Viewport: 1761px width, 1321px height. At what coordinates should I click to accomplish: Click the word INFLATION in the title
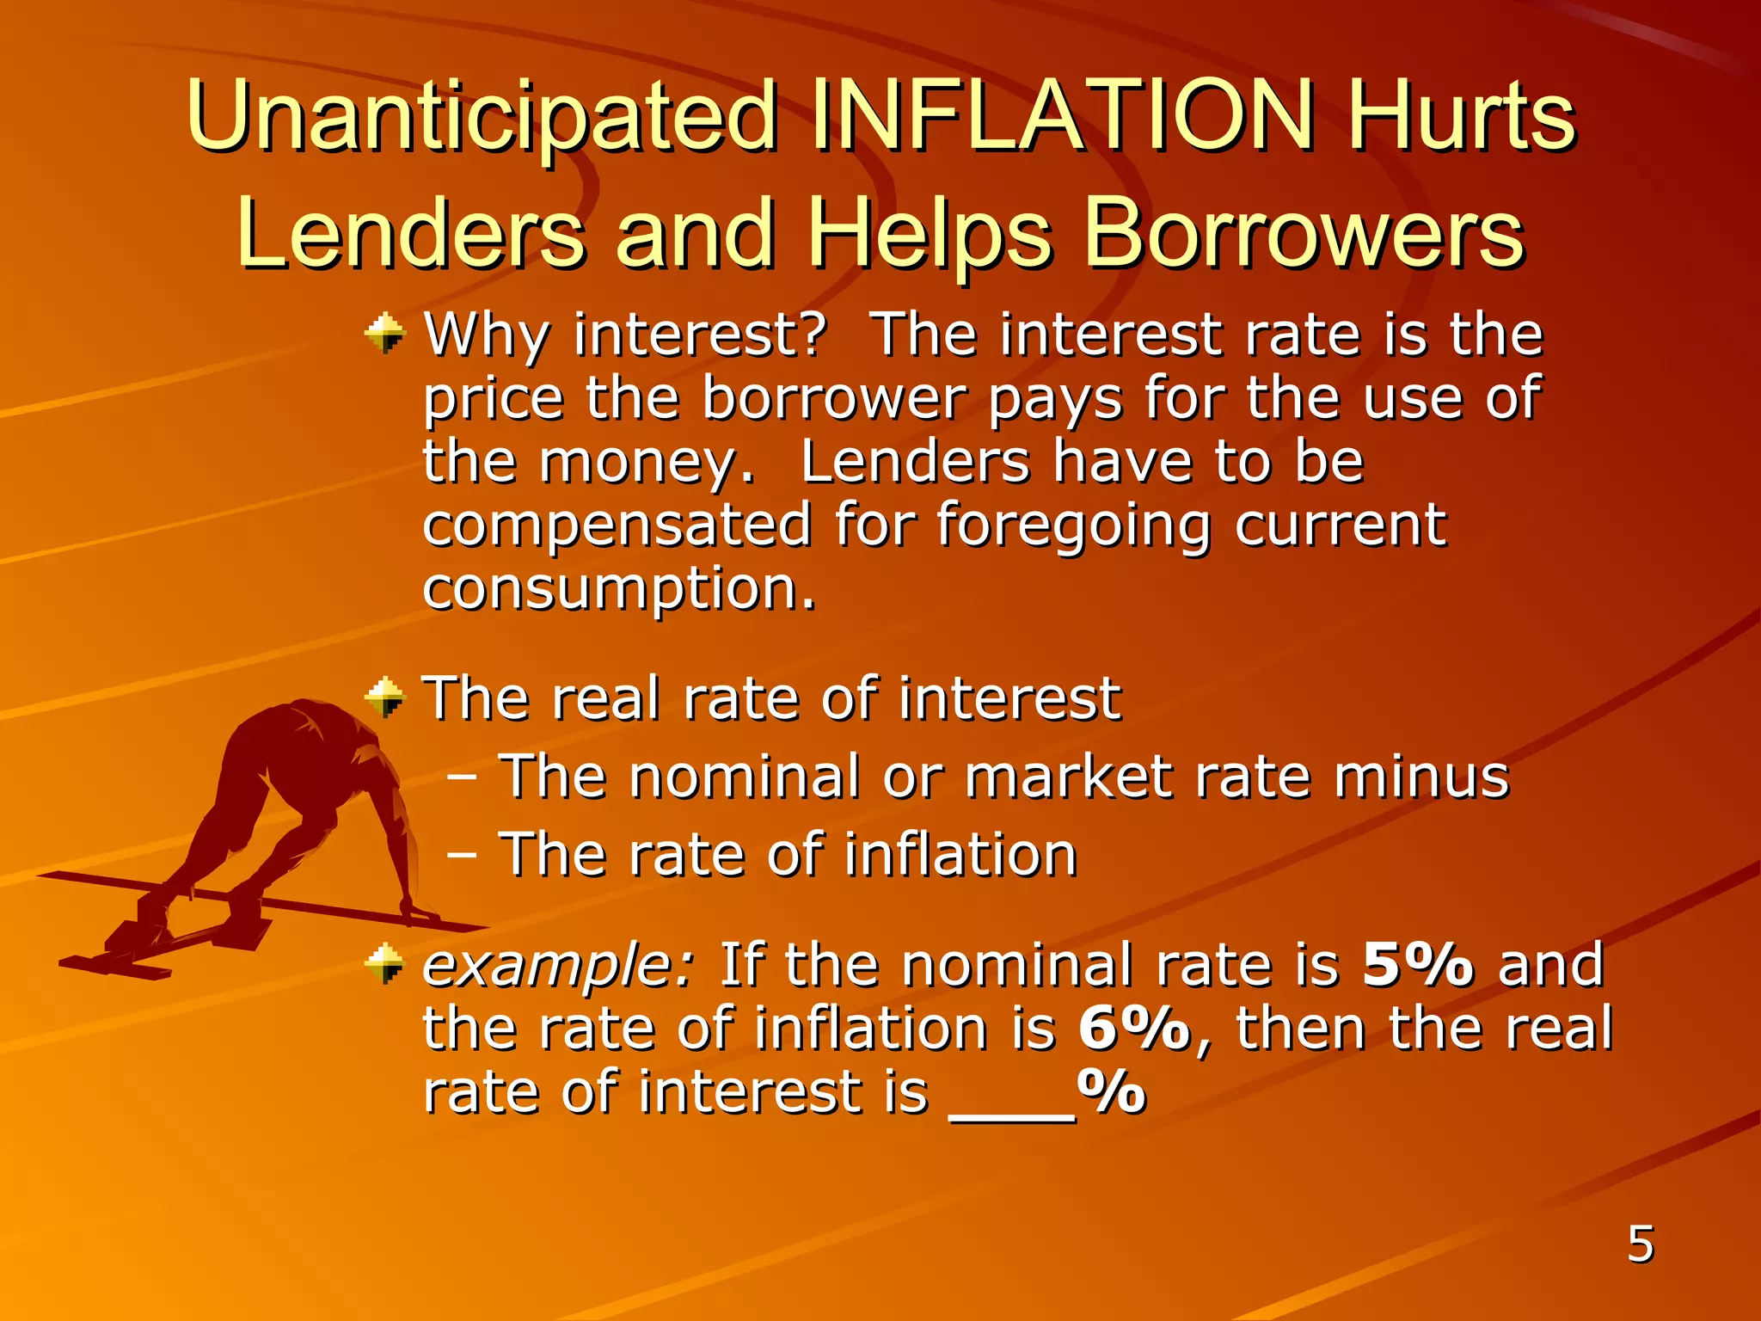1063,116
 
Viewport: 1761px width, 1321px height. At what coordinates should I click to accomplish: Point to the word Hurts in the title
1462,116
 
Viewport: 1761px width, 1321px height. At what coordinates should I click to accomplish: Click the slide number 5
1641,1244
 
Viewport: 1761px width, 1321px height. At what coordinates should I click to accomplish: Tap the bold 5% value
1418,964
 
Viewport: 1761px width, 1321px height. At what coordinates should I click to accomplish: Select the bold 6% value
1134,1028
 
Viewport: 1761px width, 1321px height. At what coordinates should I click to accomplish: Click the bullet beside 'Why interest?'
384,334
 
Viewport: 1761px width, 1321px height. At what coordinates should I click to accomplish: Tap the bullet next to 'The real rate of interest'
384,697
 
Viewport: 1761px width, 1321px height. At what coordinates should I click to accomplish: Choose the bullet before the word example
384,964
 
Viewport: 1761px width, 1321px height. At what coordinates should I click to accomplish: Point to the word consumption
618,590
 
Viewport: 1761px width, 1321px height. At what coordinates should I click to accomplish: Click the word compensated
617,526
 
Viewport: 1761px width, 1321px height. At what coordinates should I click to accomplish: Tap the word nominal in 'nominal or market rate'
744,777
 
